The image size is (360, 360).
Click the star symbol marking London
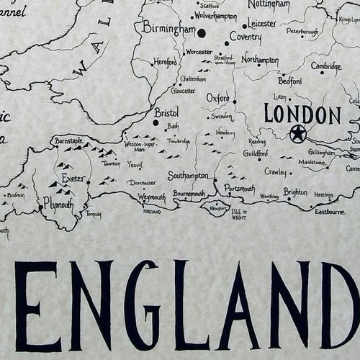click(297, 133)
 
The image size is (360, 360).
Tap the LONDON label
click(302, 114)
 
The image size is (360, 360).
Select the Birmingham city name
click(169, 30)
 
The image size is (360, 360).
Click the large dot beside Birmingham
click(201, 33)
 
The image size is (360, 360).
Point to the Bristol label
click(166, 112)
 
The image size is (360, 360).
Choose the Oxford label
click(217, 97)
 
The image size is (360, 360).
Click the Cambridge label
click(325, 66)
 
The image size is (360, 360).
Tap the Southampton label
click(188, 176)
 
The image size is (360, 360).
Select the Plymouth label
click(58, 204)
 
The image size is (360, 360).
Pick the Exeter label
click(73, 178)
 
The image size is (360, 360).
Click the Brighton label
click(295, 192)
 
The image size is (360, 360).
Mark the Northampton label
click(260, 60)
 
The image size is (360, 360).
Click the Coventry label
click(245, 36)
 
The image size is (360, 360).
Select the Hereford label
click(165, 63)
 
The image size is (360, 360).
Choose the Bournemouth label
click(189, 194)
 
